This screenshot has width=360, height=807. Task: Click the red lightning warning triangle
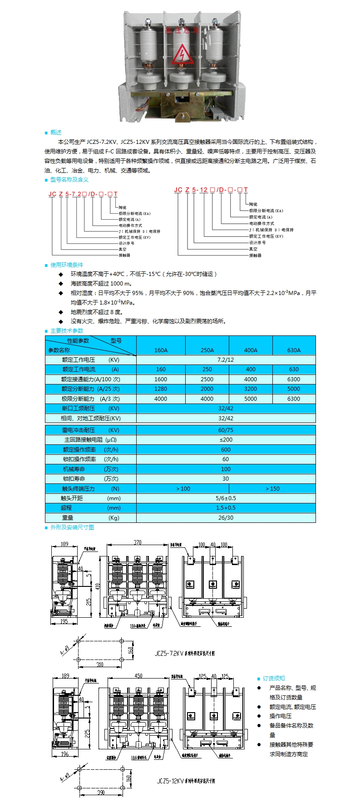coord(182,54)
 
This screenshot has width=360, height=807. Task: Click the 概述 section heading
coord(56,133)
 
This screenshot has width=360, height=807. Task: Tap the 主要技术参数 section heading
coord(67,330)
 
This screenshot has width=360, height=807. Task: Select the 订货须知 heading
coord(274,678)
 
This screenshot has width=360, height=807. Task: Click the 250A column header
coord(207,350)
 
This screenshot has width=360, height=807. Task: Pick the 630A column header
coord(294,350)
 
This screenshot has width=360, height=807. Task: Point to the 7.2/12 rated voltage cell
coord(226,359)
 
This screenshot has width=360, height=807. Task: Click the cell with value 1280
coord(161,389)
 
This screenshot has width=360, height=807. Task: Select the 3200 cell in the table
coord(251,389)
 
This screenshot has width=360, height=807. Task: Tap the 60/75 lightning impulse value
coord(226,430)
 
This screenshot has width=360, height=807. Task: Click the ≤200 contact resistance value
coord(226,439)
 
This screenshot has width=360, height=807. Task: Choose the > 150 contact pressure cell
coord(272,488)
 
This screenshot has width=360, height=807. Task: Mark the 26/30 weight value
coord(226,517)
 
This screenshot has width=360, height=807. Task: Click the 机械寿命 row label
coord(74,469)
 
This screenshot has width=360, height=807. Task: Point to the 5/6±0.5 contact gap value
coord(226,498)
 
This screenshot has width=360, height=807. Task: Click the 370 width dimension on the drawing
coord(138,542)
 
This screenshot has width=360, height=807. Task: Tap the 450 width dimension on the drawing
coord(138,676)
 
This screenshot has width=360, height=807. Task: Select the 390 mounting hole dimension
coord(101,792)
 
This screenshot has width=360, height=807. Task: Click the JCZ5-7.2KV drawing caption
coord(184,654)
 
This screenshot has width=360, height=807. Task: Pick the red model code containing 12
coord(211,190)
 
